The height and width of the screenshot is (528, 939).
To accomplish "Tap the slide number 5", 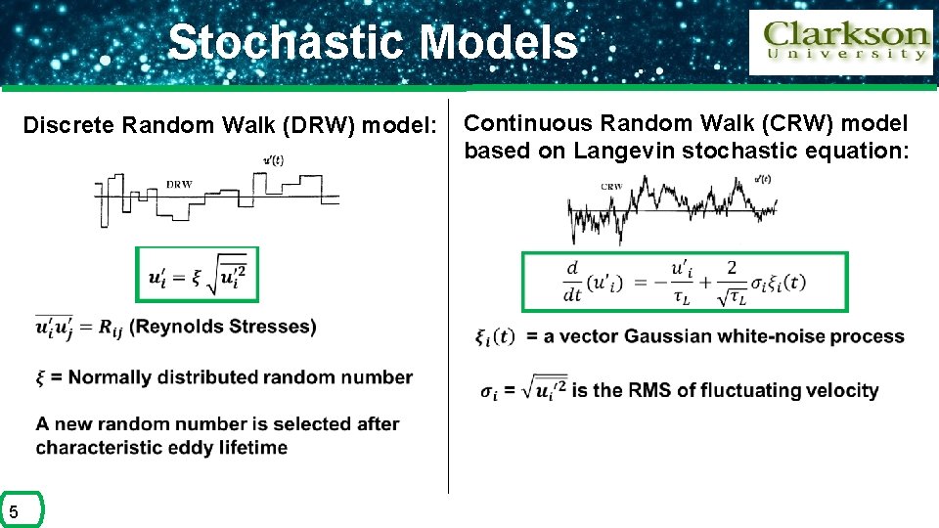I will (14, 511).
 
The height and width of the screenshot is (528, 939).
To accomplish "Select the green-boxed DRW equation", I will (197, 275).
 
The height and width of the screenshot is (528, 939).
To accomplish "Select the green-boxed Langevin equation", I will (685, 282).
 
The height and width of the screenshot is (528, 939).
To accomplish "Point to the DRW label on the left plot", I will (179, 184).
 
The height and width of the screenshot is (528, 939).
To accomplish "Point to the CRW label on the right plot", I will (611, 186).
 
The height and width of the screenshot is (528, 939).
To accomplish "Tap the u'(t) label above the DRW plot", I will (274, 161).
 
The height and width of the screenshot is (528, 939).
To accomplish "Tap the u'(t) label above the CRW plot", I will (763, 179).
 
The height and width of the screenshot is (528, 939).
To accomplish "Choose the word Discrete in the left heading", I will (68, 125).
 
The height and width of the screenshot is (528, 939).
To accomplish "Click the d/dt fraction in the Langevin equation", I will (572, 282).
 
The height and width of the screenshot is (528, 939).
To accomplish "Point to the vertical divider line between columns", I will (448, 293).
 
